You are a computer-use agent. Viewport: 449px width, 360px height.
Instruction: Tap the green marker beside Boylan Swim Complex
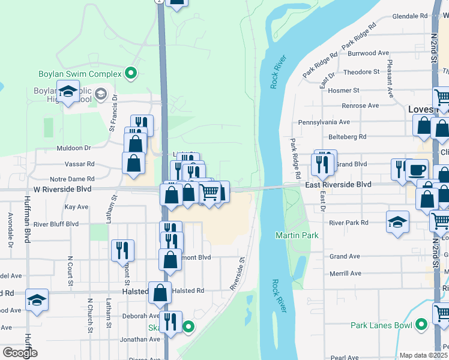131,74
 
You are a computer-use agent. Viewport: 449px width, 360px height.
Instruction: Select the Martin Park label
297,235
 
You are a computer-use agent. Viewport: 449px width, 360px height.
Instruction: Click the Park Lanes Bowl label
381,325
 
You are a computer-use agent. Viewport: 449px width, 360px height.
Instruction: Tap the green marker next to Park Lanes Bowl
421,325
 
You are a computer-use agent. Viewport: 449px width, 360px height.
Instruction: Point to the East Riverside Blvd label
339,185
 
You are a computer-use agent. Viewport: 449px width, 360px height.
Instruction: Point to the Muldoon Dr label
73,148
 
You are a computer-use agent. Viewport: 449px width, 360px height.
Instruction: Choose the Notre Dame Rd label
72,179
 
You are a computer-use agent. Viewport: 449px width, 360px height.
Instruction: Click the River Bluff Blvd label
56,224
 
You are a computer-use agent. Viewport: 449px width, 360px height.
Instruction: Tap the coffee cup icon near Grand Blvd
417,168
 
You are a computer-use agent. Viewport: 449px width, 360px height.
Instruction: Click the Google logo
19,353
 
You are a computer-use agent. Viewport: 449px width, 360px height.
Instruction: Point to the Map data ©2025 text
423,355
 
